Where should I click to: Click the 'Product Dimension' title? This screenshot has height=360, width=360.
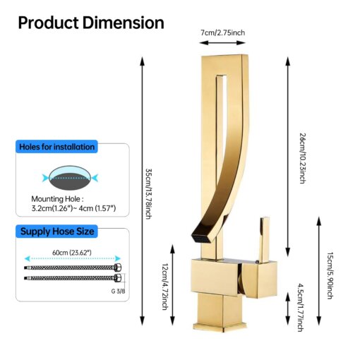91,23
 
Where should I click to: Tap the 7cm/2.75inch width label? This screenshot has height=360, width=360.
222,32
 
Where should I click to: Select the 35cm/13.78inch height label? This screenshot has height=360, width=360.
148,193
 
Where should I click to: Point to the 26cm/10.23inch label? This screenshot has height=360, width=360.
303,158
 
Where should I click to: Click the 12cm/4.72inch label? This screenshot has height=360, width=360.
165,286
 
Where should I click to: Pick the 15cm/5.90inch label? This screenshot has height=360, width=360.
330,275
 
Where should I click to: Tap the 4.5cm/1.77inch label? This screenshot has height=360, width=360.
301,308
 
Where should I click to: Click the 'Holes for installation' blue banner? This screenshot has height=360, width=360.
56,147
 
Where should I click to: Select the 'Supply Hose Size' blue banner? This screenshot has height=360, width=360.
56,232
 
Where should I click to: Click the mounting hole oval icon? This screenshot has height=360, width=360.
70,178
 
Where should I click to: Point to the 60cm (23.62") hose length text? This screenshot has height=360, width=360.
72,253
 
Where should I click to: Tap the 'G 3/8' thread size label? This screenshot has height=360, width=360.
118,292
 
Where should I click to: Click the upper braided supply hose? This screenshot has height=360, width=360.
73,268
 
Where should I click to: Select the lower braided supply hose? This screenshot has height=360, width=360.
73,278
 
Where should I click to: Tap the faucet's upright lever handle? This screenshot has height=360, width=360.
264,239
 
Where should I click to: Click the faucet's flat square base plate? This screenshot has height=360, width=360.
220,327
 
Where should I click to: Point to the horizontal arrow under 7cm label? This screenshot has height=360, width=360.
222,43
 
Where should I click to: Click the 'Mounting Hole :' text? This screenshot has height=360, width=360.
57,199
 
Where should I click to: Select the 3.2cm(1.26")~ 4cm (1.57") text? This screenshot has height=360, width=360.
73,208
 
